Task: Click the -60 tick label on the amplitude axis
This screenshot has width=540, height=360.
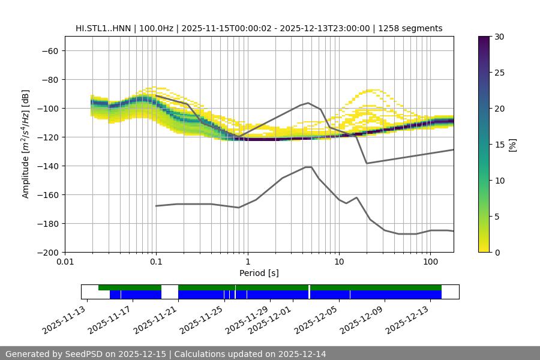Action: [49, 50]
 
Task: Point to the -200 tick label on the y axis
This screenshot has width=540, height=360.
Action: [47, 252]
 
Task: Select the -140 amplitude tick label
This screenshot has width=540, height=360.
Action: [47, 166]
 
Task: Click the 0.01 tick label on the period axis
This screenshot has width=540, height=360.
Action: [65, 262]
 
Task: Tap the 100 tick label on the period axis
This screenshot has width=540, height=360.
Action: [430, 262]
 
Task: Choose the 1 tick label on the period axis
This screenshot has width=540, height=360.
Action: [247, 262]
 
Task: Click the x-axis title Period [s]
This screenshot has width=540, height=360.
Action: [259, 273]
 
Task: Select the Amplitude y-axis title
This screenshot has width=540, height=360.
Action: [26, 144]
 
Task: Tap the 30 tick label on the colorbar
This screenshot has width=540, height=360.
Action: [499, 37]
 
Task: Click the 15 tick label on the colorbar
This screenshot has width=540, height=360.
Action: [499, 144]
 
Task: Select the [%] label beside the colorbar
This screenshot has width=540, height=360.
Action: [512, 144]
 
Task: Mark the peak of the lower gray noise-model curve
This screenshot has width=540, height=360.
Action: [308, 167]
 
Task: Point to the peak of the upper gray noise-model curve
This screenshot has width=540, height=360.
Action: [308, 103]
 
